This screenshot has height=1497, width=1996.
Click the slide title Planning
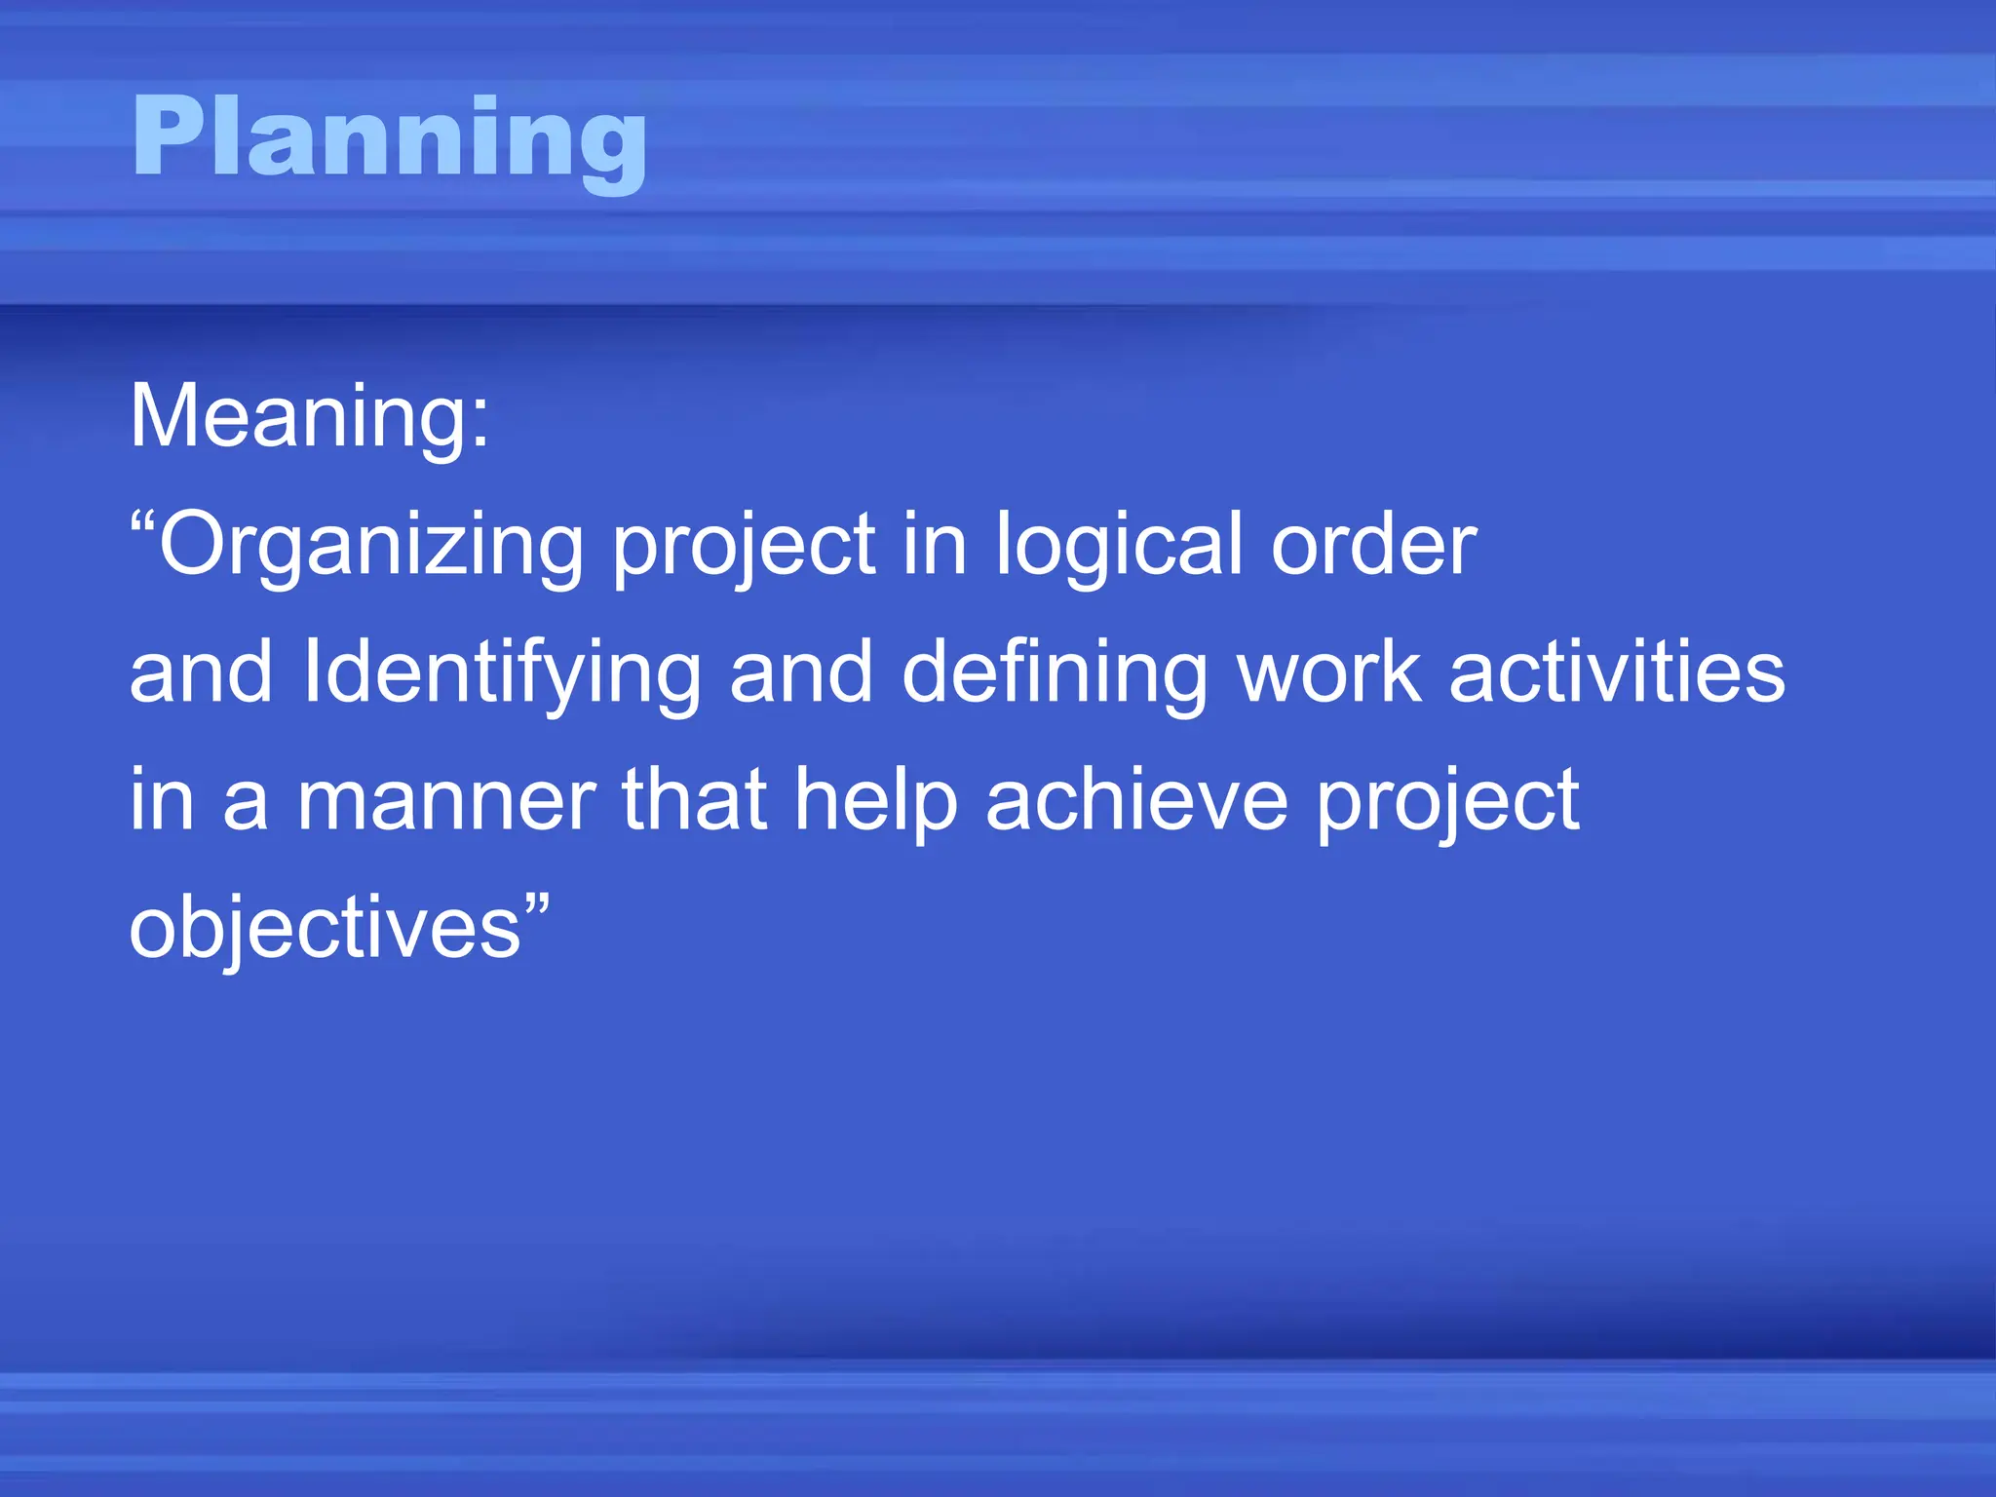389,138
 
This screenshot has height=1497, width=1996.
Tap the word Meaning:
309,417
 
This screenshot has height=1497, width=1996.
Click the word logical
1118,546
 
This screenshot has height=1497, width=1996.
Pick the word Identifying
502,674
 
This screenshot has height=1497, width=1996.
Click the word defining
1054,674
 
